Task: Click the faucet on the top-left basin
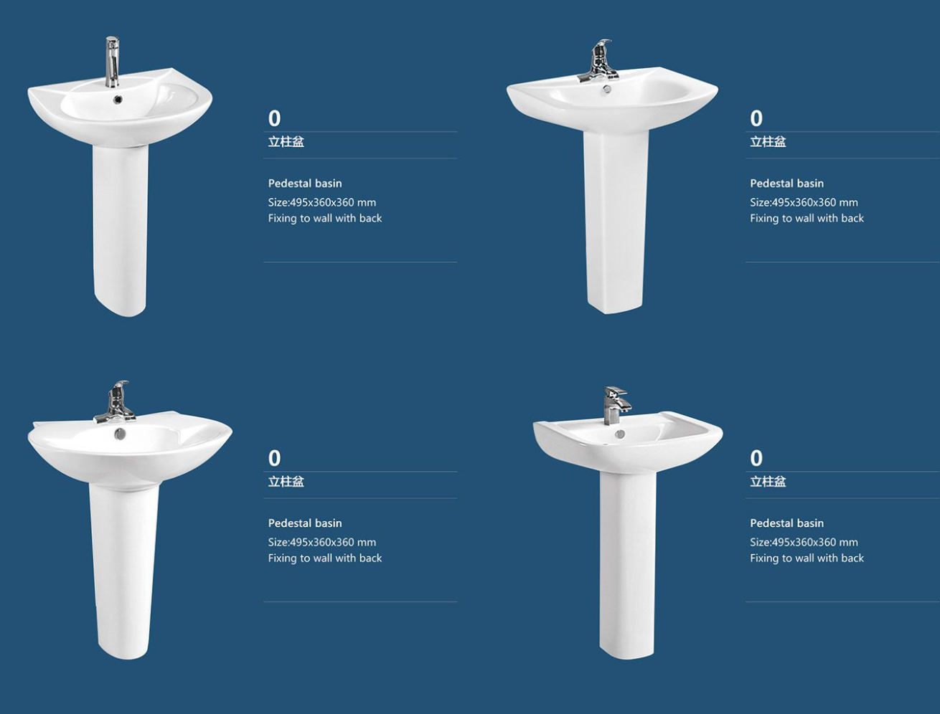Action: pos(112,62)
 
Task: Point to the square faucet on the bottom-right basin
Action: pos(615,405)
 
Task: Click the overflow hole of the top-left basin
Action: pos(118,100)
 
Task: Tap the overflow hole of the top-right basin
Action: pos(606,89)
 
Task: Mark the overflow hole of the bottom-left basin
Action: pos(120,433)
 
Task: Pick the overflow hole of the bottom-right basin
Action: pos(619,434)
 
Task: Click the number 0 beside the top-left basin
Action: pos(275,118)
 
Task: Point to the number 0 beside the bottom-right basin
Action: pos(756,458)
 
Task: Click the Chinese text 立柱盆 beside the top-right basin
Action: pos(768,142)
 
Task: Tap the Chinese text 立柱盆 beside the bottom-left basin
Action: pos(286,482)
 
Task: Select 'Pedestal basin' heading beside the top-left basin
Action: pos(305,184)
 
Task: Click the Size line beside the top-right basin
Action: pos(804,202)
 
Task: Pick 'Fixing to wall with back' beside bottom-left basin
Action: pos(325,558)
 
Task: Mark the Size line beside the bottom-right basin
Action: pos(804,543)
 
